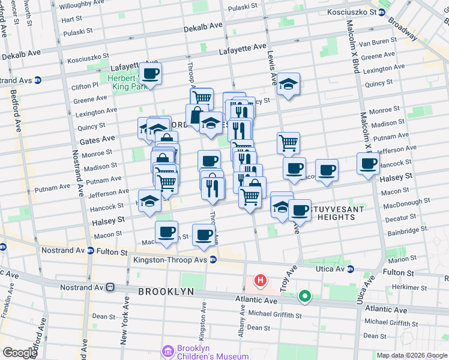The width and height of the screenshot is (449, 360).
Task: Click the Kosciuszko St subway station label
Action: click(x=352, y=12)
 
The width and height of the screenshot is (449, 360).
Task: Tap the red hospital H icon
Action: click(x=261, y=280)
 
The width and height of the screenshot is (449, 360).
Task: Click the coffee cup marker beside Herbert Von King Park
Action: click(x=151, y=74)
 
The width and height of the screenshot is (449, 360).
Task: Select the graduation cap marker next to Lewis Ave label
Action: click(x=289, y=85)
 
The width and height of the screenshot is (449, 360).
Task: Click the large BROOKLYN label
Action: click(x=166, y=291)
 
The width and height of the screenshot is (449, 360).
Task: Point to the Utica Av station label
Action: click(x=333, y=269)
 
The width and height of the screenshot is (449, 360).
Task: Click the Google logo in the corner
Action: click(x=19, y=352)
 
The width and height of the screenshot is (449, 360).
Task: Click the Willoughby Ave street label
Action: click(x=82, y=4)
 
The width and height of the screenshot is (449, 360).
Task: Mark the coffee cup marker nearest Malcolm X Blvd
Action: click(x=368, y=163)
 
